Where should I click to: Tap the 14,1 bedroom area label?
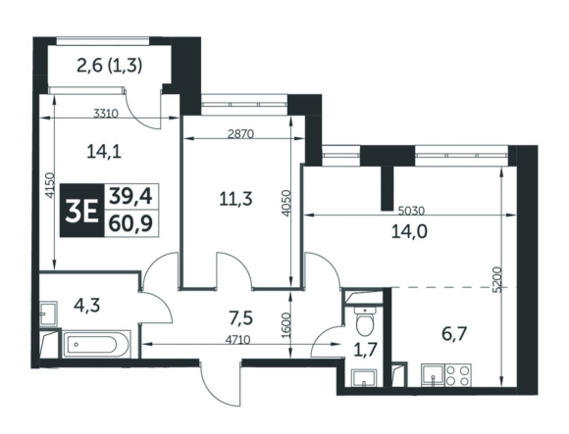tap(104, 152)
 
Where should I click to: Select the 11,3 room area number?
tap(235, 199)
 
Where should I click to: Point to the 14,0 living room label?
tap(409, 231)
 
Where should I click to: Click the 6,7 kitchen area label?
tap(454, 334)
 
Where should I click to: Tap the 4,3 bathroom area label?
tap(86, 306)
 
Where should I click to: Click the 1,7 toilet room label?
tap(366, 351)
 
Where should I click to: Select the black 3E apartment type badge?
tap(82, 211)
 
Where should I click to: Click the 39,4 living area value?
tap(130, 197)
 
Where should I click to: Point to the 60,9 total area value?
tap(130, 224)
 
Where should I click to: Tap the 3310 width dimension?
tap(106, 114)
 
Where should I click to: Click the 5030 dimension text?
tap(411, 211)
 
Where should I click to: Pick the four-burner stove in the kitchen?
tap(458, 375)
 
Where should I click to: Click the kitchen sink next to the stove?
tap(434, 375)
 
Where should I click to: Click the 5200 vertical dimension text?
tap(498, 279)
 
